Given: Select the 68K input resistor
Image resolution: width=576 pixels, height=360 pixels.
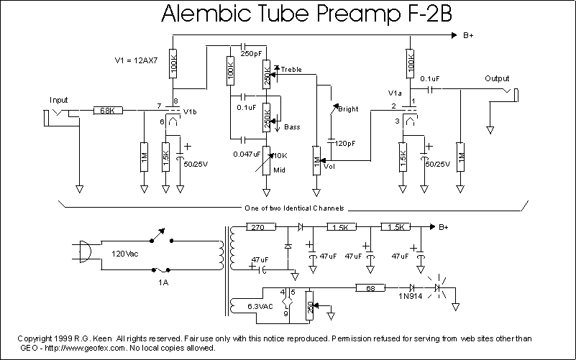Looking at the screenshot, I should [109, 111].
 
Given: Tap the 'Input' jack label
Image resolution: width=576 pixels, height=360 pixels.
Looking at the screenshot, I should [59, 99].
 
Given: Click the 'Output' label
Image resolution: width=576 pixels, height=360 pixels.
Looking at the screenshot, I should [497, 78].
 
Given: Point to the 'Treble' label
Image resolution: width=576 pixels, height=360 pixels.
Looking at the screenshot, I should [291, 70].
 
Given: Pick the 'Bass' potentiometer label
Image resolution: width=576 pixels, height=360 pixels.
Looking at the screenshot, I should [292, 127].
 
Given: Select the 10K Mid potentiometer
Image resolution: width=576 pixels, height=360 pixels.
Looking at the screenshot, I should [268, 156].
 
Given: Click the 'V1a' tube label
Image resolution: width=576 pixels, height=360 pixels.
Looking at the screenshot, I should [395, 93].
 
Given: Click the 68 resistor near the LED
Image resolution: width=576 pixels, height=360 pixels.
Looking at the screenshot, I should [371, 288].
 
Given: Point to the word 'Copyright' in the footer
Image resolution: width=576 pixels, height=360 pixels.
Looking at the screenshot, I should [37, 338].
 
